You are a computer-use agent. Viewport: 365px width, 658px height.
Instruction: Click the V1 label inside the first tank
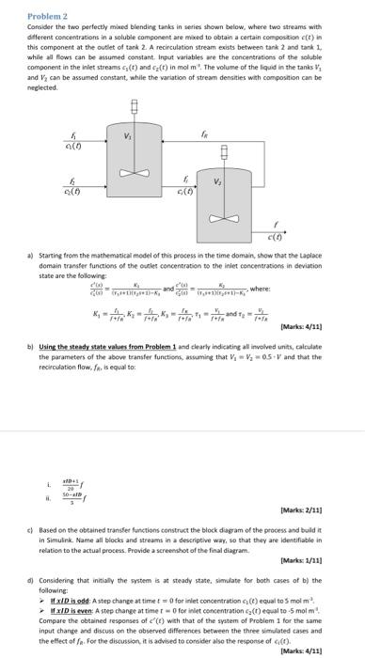point(141,137)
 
